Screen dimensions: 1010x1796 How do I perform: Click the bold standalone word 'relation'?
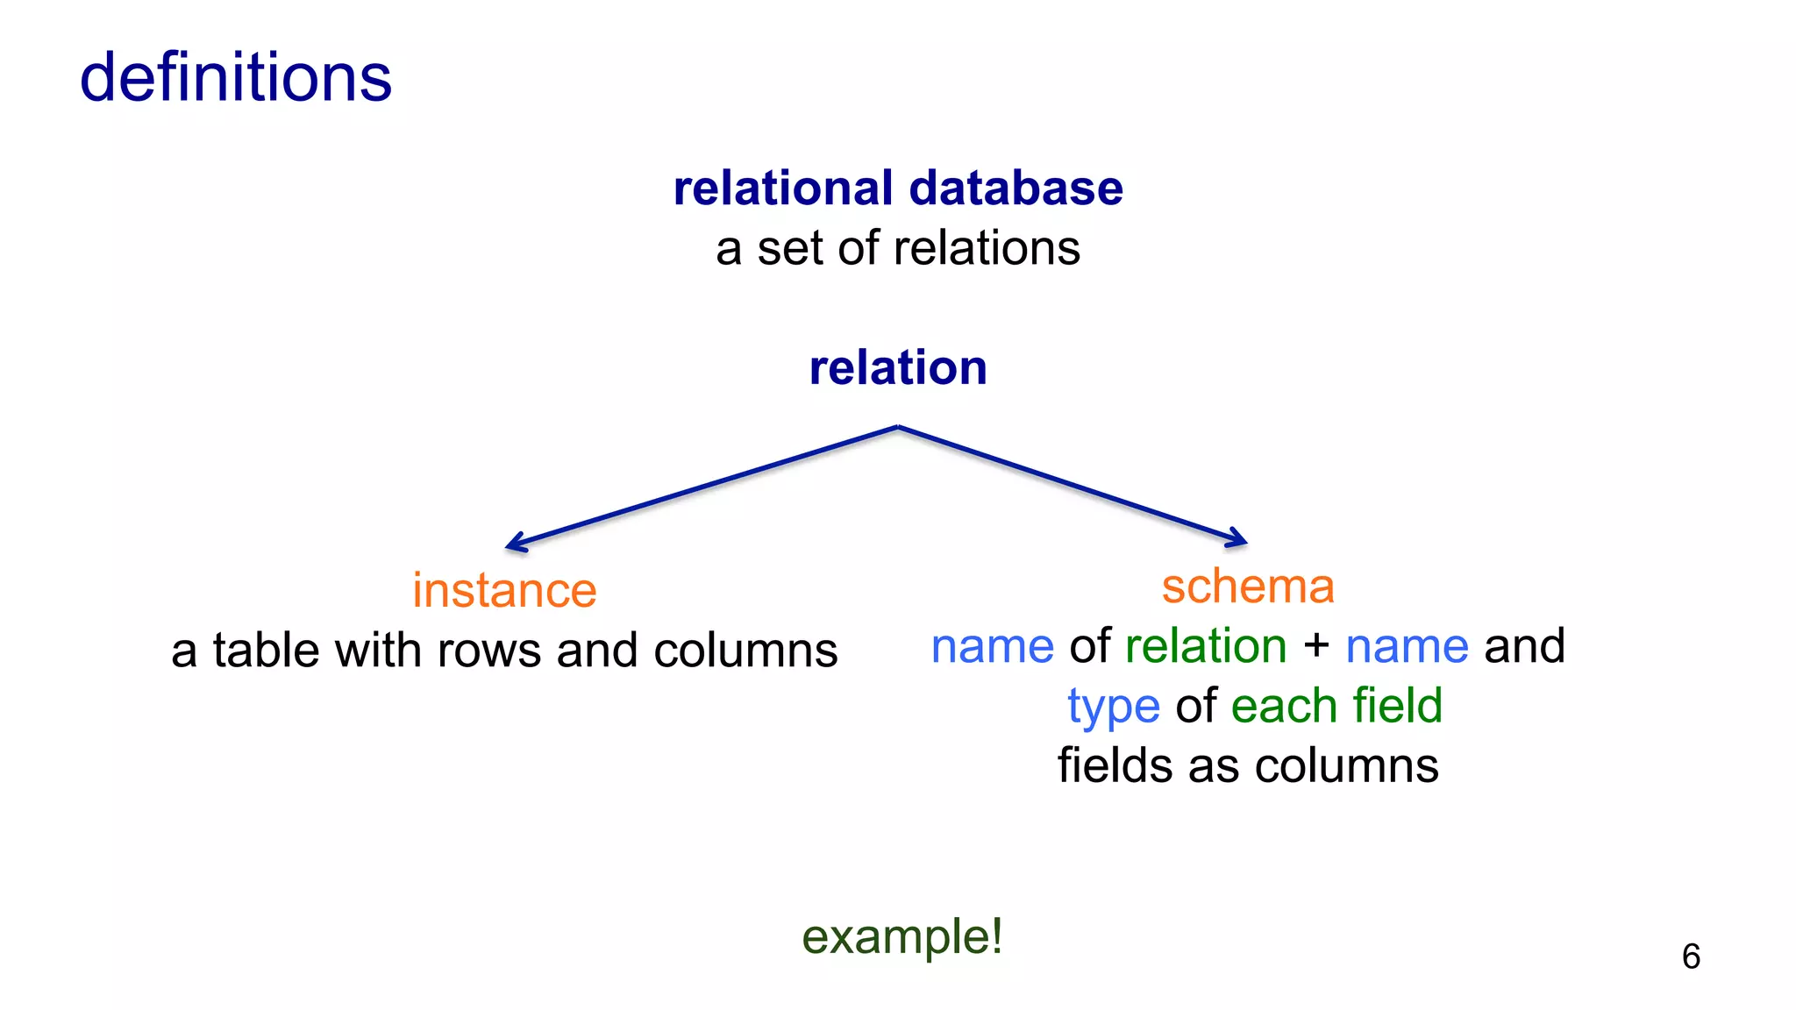coord(898,367)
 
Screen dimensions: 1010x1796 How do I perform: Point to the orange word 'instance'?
coord(504,590)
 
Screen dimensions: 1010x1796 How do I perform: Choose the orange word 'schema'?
coord(1247,586)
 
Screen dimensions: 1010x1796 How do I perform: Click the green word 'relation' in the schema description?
coord(1206,646)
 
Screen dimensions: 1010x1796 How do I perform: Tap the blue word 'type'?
coord(1113,707)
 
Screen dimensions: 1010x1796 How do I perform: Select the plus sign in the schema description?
coord(1315,646)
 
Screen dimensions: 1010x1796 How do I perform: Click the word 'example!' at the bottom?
coord(902,936)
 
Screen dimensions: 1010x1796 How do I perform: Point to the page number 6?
coord(1691,957)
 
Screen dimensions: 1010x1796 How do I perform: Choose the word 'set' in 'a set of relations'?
coord(792,248)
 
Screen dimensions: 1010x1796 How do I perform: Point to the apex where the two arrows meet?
coord(898,427)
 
